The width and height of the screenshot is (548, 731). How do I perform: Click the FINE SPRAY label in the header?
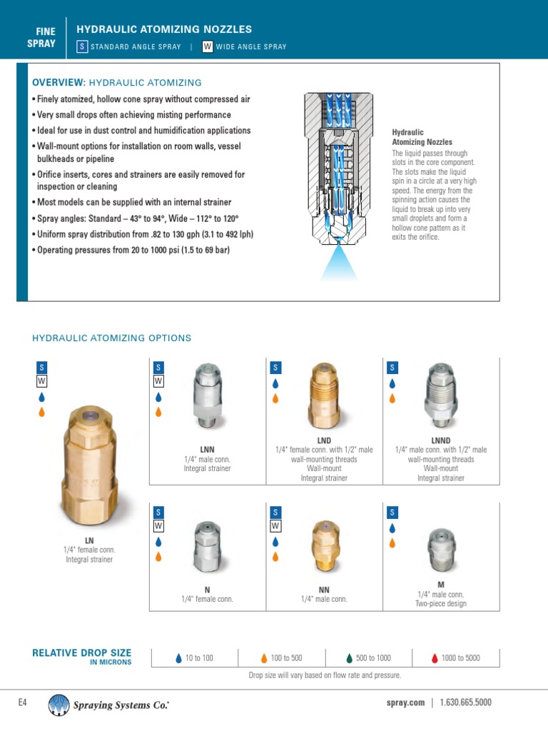coord(46,37)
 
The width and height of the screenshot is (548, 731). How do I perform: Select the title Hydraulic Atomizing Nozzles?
coord(164,29)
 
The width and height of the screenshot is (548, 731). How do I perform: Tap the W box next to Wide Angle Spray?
coord(208,46)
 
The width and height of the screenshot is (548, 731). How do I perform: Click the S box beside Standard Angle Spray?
coord(82,46)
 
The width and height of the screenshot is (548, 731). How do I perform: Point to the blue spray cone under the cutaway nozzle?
coord(339,264)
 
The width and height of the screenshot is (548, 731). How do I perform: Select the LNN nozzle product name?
coord(208,449)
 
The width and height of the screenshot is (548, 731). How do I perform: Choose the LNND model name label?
coord(441,440)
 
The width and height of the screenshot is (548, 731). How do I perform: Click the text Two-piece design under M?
coord(441,604)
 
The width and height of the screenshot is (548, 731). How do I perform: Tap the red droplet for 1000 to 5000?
coord(435,658)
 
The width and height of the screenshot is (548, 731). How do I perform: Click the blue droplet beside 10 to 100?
coord(178,658)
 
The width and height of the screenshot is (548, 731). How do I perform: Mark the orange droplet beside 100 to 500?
coord(264,658)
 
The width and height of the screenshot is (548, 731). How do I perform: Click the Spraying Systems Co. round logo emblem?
coord(59,705)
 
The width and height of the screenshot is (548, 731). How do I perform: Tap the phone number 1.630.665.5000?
coord(465,702)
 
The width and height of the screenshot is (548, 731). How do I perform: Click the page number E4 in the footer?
coord(22,702)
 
